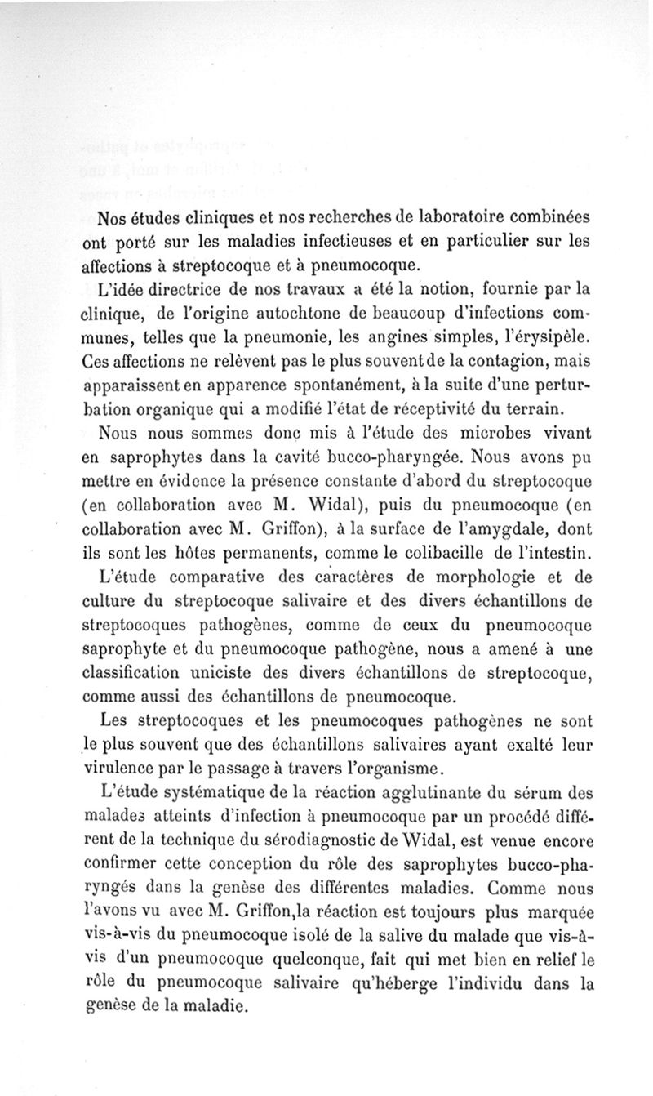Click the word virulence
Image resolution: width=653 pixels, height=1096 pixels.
(127, 768)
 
